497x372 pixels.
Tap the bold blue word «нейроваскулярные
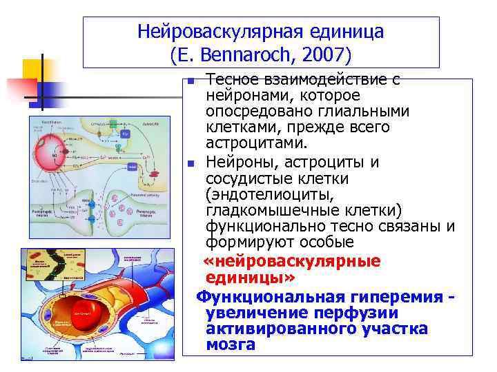293,261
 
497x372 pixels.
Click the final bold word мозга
230,344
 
